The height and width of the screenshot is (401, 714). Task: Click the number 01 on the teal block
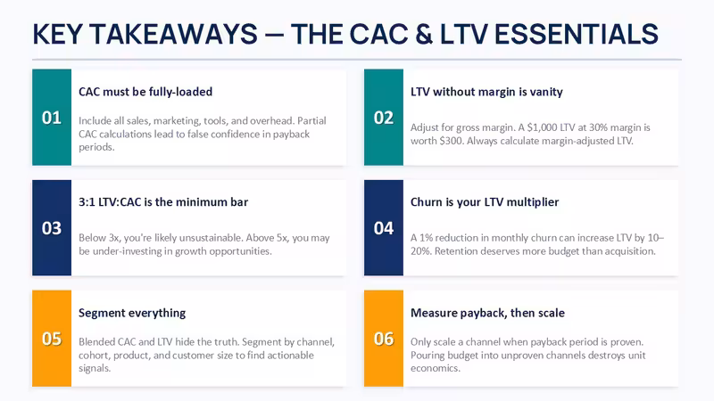[52, 118]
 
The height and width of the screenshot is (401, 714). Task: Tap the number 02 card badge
[384, 118]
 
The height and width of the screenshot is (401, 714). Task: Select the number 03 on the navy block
[52, 228]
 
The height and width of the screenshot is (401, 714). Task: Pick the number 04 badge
[384, 228]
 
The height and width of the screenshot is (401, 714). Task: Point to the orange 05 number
[52, 339]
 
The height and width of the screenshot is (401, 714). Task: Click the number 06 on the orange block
[384, 339]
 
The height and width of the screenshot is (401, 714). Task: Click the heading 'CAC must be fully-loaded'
[145, 92]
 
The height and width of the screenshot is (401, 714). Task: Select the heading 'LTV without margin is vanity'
[486, 92]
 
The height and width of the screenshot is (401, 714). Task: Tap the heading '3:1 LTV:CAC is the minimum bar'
[163, 202]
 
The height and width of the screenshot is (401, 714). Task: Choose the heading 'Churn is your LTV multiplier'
[485, 202]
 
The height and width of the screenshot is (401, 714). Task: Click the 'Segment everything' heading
[132, 314]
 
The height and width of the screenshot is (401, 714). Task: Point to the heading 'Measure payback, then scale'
[487, 314]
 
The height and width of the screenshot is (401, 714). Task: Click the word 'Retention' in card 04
[455, 251]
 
